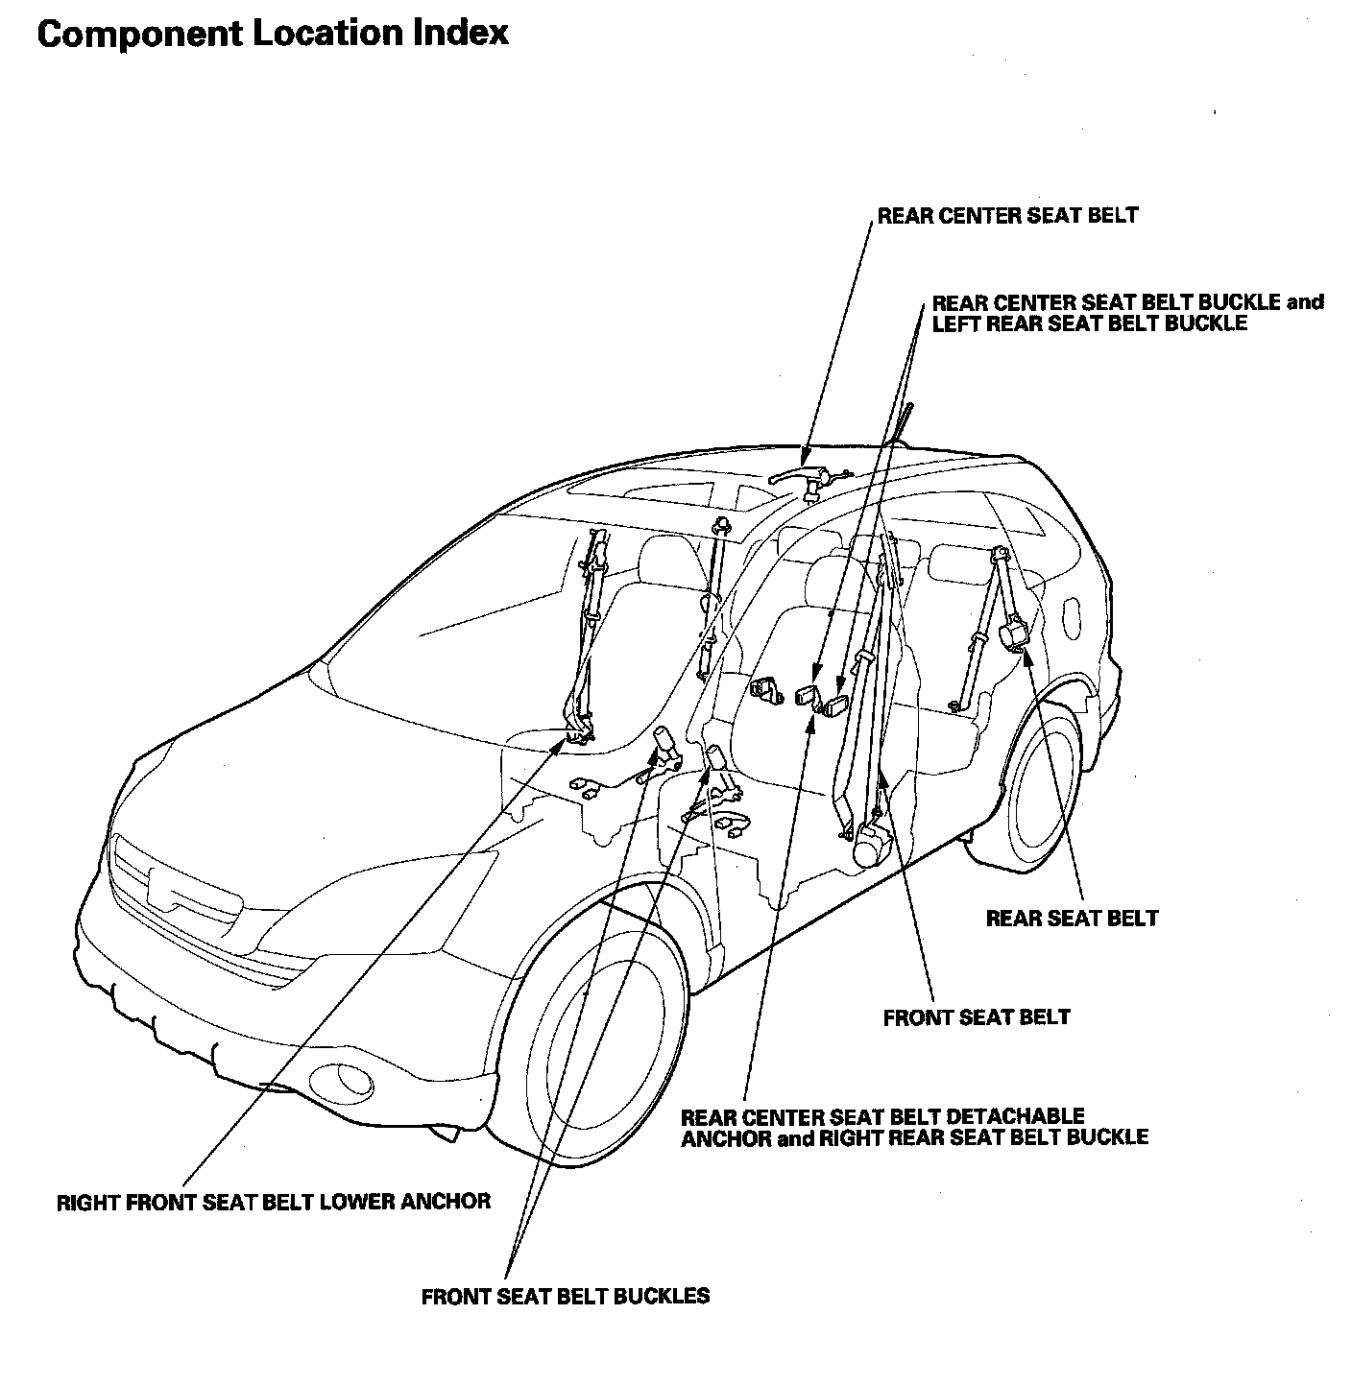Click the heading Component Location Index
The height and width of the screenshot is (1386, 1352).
272,34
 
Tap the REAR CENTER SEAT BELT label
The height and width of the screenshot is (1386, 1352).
1007,215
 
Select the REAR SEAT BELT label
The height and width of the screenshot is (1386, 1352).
1072,919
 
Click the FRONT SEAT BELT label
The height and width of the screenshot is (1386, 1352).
976,1017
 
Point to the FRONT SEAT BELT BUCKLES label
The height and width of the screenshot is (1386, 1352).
566,1297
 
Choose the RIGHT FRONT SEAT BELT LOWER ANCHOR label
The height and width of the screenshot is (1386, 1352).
274,1201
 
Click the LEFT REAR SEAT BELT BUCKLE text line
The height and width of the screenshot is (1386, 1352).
1089,323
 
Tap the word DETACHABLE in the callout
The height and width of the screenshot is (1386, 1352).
1015,1117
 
